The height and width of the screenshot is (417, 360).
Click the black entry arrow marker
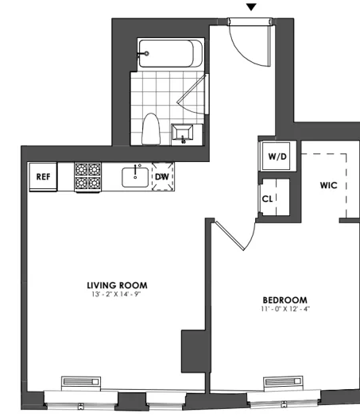pos(251,7)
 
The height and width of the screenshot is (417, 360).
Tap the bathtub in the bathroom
pos(171,53)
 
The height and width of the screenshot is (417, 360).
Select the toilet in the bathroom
pos(151,129)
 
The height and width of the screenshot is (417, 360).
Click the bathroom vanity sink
pos(182,132)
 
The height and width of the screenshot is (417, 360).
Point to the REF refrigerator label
pos(43,176)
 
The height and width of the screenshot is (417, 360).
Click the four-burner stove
pos(87,176)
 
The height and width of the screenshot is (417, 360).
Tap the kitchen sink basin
pos(135,177)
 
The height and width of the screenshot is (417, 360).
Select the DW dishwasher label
pos(162,176)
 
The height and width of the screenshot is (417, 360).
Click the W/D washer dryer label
pos(277,156)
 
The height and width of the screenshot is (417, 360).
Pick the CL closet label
pos(267,199)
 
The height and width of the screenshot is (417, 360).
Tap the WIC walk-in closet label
pos(328,185)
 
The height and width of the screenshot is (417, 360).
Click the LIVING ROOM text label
pos(117,285)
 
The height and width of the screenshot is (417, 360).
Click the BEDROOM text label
pos(285,300)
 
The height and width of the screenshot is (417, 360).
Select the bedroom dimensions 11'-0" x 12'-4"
pos(285,309)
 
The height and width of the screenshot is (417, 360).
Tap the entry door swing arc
pos(241,52)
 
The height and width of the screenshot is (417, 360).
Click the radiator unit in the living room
pos(81,383)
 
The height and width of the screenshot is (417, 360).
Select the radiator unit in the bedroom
pos(283,383)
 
